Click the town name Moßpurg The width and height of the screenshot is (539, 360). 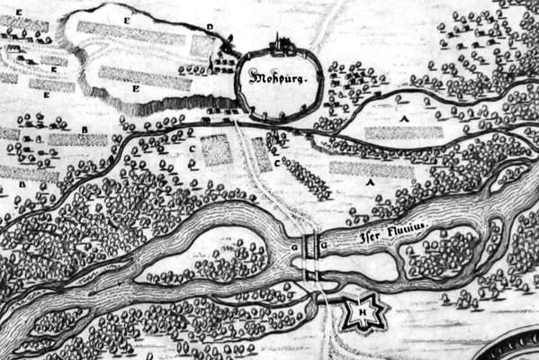click(x=278, y=77)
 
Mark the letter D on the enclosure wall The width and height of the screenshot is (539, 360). click(x=210, y=28)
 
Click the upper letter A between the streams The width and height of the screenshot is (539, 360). click(x=405, y=119)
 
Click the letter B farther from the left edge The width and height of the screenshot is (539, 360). click(x=84, y=130)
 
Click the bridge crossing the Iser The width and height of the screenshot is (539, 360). click(x=310, y=247)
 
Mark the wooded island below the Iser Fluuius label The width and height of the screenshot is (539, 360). click(x=441, y=253)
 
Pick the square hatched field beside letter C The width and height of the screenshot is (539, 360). click(x=216, y=150)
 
